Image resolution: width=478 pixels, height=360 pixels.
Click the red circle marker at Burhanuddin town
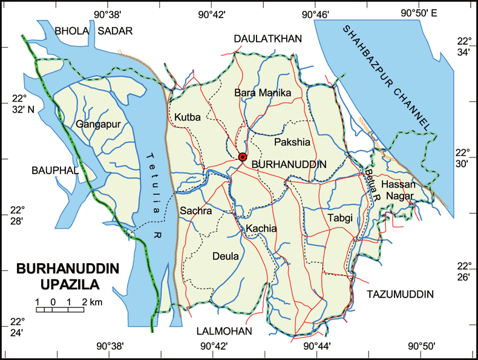click(243, 157)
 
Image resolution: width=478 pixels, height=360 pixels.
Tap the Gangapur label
click(100, 125)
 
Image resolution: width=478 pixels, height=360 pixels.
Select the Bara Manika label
click(263, 93)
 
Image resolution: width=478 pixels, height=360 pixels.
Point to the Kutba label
click(186, 116)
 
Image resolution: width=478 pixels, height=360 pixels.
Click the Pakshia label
click(292, 143)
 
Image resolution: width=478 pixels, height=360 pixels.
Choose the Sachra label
click(195, 211)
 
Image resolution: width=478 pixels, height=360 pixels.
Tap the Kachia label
click(261, 229)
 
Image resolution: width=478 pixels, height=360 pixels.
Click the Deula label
click(226, 256)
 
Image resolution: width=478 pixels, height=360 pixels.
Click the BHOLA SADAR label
click(93, 31)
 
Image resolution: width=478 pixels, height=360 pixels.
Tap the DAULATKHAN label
click(267, 39)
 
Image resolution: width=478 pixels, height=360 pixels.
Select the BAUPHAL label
click(55, 171)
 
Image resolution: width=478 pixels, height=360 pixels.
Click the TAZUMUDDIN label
click(401, 294)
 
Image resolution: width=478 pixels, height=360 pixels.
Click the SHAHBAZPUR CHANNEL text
click(387, 76)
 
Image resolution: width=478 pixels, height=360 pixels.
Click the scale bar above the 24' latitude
click(60, 309)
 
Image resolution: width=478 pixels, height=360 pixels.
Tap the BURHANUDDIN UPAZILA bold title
click(67, 276)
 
